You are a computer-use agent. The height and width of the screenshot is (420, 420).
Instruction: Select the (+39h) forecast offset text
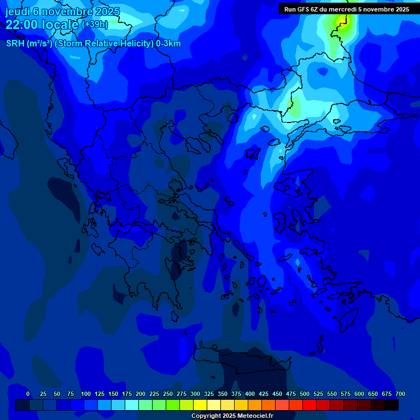tap(95, 25)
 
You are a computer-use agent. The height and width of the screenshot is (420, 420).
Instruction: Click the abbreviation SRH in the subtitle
tap(15, 44)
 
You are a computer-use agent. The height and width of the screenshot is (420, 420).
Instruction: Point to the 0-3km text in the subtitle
tap(168, 44)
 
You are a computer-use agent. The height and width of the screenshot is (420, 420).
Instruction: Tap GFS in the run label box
tap(304, 9)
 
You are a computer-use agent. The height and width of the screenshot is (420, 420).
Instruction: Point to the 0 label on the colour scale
tap(28, 394)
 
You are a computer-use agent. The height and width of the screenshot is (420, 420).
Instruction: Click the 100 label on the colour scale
tap(86, 394)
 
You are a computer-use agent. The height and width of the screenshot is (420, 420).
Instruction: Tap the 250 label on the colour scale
tap(168, 394)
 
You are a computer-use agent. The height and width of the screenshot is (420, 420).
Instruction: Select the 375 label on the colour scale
tap(236, 394)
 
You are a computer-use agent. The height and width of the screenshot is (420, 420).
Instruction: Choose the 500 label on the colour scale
tap(305, 394)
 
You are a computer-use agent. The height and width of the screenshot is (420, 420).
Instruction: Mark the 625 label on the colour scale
tap(373, 394)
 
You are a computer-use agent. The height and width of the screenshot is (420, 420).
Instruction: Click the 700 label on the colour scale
tap(400, 394)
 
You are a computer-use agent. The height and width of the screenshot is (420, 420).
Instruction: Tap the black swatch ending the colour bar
tap(392, 405)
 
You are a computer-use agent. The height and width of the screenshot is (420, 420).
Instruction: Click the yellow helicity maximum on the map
tap(342, 21)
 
